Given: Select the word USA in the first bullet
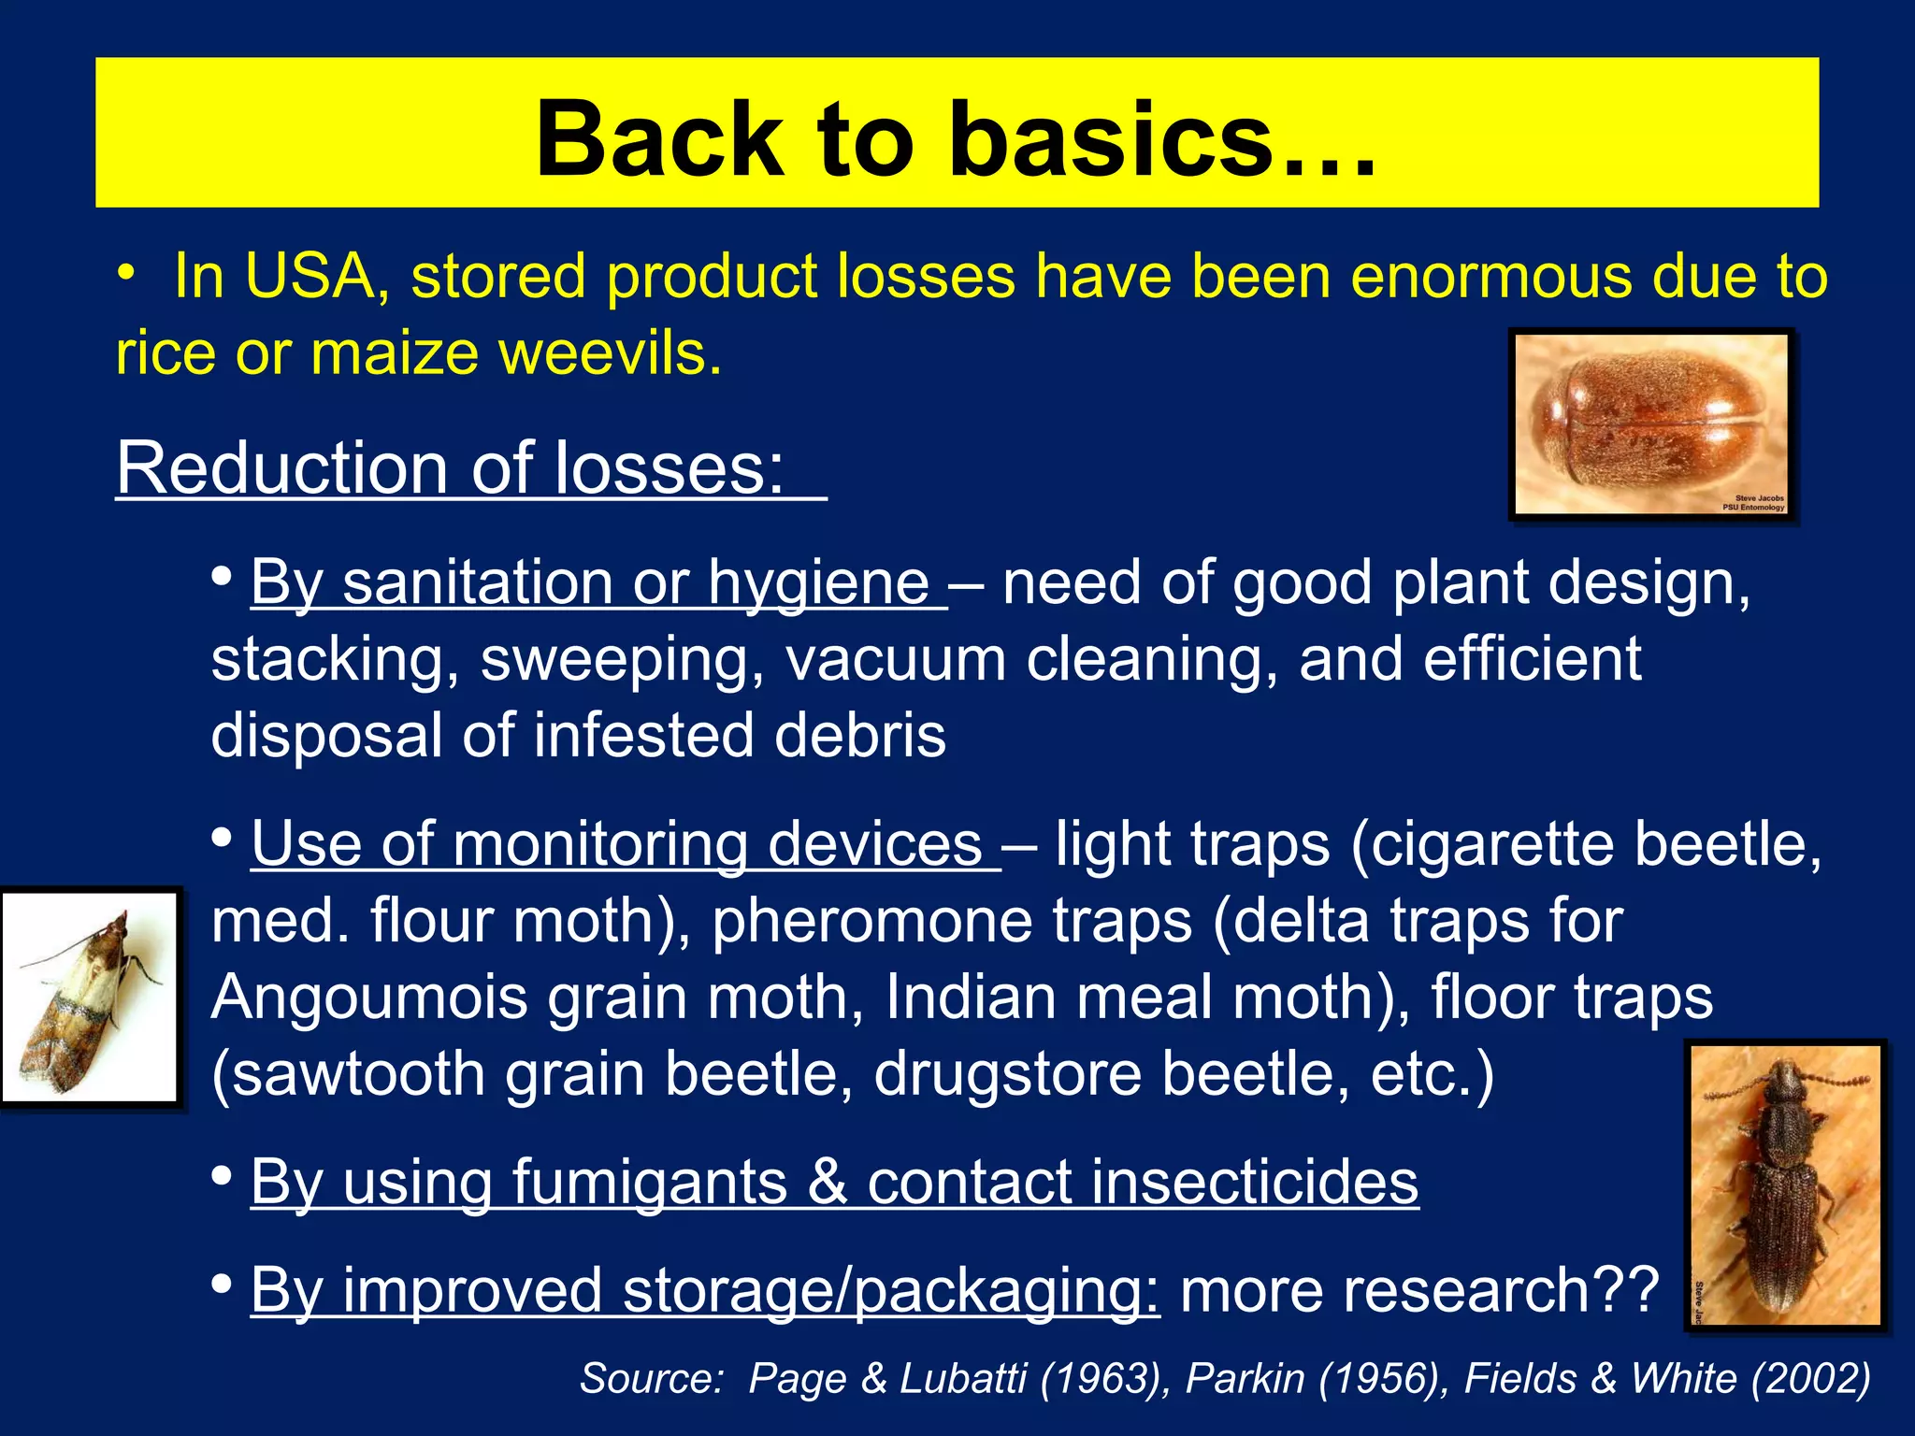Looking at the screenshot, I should pos(308,278).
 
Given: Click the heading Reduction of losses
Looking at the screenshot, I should pos(450,468).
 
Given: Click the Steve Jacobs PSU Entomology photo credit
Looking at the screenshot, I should pos(1754,503).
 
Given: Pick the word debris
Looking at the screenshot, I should pos(859,736).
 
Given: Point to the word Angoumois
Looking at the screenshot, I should pos(369,998).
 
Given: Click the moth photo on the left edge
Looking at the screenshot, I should pos(90,998).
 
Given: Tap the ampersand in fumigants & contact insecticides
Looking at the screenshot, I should pos(827,1183).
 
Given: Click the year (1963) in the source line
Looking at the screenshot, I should pos(1099,1379).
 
